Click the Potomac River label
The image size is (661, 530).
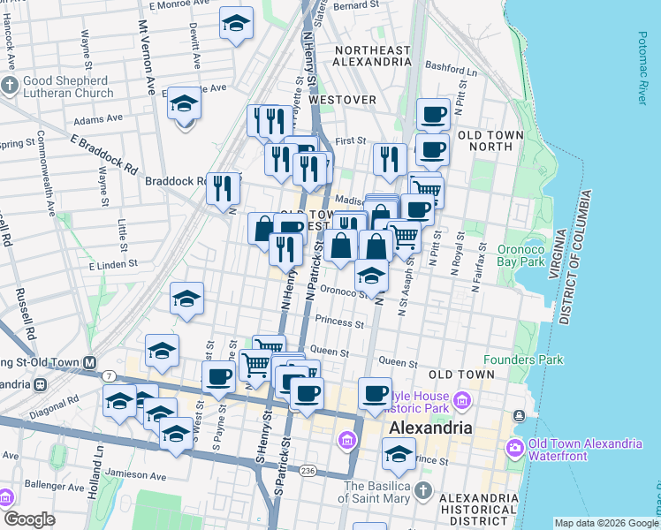642,69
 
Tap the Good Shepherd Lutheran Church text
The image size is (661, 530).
67,87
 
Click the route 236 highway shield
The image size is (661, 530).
307,470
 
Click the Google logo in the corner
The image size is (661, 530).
29,519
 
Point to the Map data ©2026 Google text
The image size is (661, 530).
605,523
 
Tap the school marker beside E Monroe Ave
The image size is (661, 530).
236,24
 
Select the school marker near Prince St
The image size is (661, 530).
399,454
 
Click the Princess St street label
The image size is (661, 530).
339,324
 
